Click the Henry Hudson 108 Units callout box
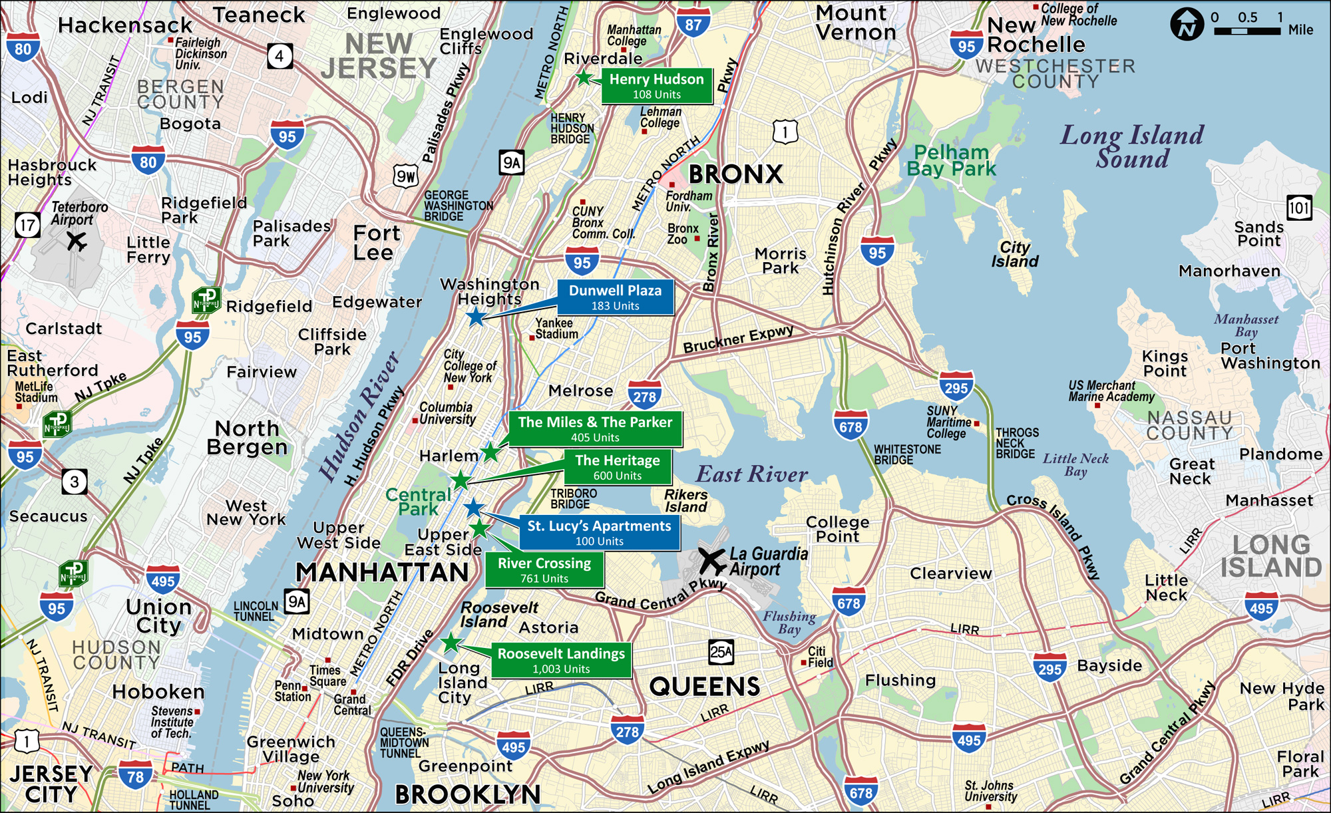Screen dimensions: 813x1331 pos(656,86)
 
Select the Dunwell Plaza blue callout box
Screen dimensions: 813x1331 pos(615,297)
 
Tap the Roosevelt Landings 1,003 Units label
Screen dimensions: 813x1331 pos(561,661)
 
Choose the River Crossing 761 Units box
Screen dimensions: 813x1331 pos(544,570)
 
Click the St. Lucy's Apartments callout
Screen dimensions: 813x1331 pos(599,533)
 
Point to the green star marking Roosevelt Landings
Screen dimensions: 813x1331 pos(451,643)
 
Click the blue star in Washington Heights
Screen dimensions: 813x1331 pos(475,317)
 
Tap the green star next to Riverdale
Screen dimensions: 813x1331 pos(584,78)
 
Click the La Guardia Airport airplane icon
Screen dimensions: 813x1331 pos(711,561)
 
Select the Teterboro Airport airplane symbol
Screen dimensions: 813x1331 pos(77,241)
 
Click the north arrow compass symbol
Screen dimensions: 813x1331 pos(1187,25)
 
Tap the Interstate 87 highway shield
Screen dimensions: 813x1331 pos(693,25)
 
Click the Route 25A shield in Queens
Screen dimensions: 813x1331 pos(721,653)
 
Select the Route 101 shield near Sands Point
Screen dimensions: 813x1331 pos(1299,208)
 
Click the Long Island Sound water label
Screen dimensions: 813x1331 pos(1132,146)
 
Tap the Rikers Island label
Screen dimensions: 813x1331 pos(685,500)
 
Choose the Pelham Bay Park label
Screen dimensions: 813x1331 pos(951,160)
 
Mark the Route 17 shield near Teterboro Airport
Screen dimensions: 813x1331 pos(27,225)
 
